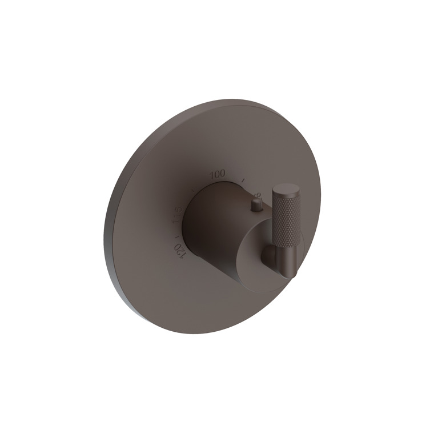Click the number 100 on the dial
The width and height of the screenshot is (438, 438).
[218, 174]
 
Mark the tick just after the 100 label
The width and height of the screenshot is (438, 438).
[243, 180]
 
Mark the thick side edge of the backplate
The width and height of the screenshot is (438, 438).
[110, 240]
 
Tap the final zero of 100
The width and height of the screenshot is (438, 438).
[223, 173]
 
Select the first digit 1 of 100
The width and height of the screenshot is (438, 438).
[212, 175]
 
